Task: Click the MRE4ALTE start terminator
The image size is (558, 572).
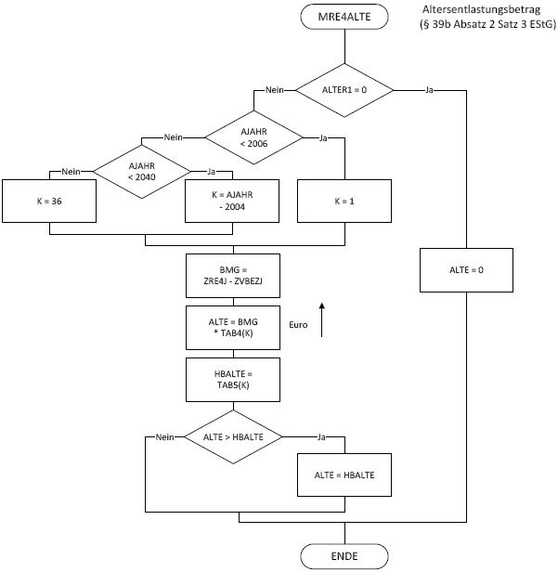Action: [x=344, y=16]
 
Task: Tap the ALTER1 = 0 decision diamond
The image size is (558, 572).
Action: [x=344, y=90]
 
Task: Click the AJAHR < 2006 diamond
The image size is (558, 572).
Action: [x=253, y=138]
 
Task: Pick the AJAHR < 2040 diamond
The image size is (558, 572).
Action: [x=142, y=171]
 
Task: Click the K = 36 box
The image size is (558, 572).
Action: [x=51, y=201]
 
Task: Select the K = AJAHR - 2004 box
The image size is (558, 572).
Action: [x=232, y=201]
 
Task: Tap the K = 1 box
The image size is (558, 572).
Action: [x=344, y=201]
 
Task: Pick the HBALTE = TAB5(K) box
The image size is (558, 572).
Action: [x=232, y=379]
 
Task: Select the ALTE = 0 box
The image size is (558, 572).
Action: [x=465, y=269]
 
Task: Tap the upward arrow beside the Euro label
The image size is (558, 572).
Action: [x=322, y=320]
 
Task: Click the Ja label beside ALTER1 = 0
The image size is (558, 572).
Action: [x=429, y=90]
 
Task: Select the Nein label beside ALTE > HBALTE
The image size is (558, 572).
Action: [x=165, y=435]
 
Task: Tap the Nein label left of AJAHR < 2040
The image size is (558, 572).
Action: [x=71, y=171]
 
